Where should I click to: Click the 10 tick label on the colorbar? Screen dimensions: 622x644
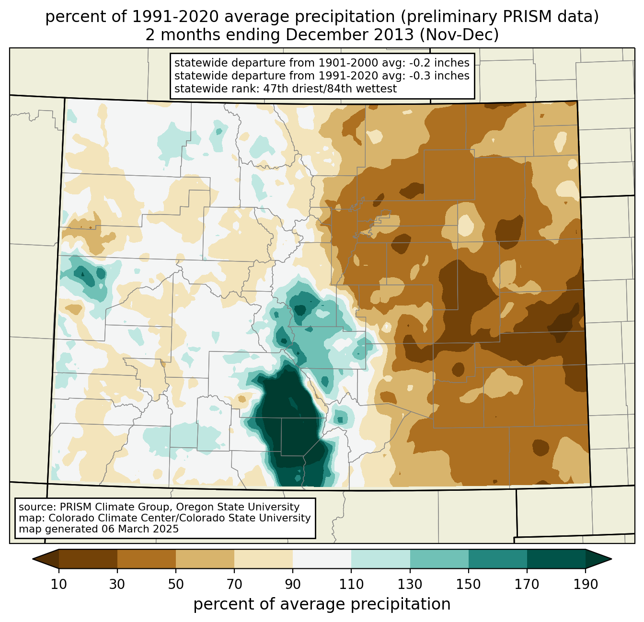coord(59,584)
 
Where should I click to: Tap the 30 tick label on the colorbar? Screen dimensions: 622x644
coord(117,584)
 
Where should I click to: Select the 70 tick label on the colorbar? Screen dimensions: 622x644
coord(234,584)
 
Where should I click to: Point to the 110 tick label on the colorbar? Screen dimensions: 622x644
coord(351,584)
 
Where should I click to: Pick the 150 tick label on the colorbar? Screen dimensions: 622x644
coord(469,584)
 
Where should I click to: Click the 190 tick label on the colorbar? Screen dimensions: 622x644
coord(586,584)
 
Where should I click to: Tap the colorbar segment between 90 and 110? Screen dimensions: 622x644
coord(322,559)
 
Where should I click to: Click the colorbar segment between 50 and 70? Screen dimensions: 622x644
coord(205,559)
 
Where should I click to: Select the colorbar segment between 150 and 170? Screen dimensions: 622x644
coord(498,559)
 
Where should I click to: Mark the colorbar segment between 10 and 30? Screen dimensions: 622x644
coord(88,559)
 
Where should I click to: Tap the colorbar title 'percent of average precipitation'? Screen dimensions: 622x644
coord(322,604)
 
